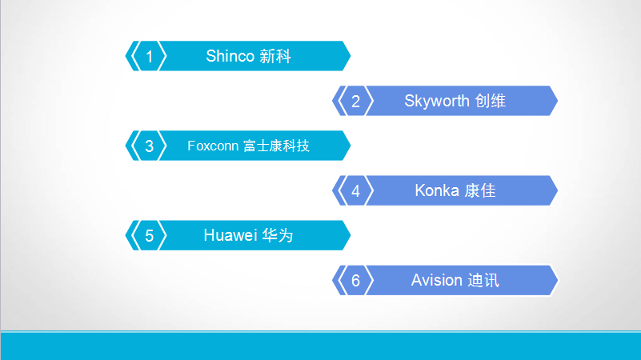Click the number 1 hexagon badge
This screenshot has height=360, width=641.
point(150,56)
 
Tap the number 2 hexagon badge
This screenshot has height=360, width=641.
point(356,101)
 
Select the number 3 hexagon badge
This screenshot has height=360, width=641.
point(150,146)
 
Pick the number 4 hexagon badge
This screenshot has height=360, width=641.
point(356,191)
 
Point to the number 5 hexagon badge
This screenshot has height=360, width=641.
point(150,236)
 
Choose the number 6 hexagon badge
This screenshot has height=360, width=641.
point(356,281)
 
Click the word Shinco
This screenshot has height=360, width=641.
point(230,56)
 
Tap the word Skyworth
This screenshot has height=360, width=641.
point(437,101)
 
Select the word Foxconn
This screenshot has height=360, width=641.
point(213,146)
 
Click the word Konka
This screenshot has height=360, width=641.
point(437,191)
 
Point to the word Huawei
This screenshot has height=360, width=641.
point(230,236)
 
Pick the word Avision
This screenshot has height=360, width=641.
point(437,281)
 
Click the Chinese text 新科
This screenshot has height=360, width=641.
point(275,56)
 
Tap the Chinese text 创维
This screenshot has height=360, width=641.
point(491,101)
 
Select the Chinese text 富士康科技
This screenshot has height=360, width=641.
point(276,146)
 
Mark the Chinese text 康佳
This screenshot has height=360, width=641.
point(480,191)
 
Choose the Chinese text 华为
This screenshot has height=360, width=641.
point(278,236)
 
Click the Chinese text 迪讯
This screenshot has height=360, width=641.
point(483,281)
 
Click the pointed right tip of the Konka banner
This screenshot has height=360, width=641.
point(557,191)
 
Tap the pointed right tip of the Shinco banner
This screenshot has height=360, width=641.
point(350,56)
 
